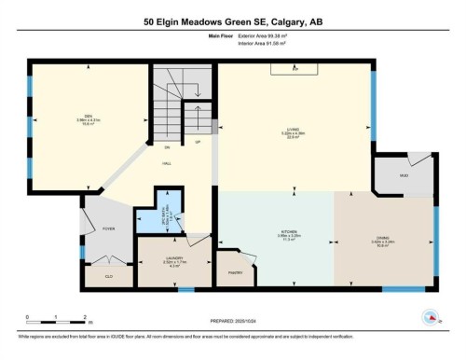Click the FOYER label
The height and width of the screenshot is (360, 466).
[x=108, y=226]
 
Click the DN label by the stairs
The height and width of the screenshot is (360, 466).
[x=167, y=147]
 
